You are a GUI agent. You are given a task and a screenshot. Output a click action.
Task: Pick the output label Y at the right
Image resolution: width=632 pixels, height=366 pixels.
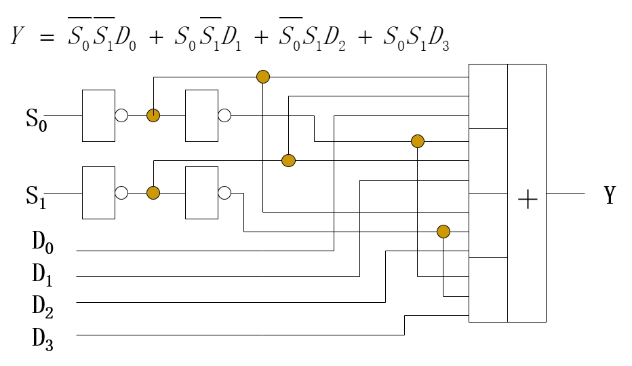[610, 196]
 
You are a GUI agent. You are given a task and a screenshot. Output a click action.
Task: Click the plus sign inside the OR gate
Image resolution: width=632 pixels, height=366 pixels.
[527, 199]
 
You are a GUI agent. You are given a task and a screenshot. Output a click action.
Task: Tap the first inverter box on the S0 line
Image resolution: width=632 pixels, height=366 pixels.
[98, 115]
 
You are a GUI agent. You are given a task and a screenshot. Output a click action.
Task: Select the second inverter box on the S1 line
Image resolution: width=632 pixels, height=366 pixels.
[201, 193]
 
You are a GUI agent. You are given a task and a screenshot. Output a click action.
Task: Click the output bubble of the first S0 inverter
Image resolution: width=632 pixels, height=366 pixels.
[121, 115]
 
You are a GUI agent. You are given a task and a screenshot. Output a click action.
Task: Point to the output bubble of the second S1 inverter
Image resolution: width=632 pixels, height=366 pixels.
[224, 193]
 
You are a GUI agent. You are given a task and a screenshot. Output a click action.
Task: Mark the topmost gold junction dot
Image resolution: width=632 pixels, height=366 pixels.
[263, 77]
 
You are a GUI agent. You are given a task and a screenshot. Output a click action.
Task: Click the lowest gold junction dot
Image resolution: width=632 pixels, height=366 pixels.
[443, 232]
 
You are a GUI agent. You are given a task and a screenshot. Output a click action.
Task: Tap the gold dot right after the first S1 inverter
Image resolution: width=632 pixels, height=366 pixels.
[153, 193]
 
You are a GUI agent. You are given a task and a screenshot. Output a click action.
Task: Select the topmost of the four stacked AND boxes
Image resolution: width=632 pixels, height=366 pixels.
[488, 96]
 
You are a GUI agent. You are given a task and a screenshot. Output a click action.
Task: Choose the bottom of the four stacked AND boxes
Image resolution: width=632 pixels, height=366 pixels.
[488, 289]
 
